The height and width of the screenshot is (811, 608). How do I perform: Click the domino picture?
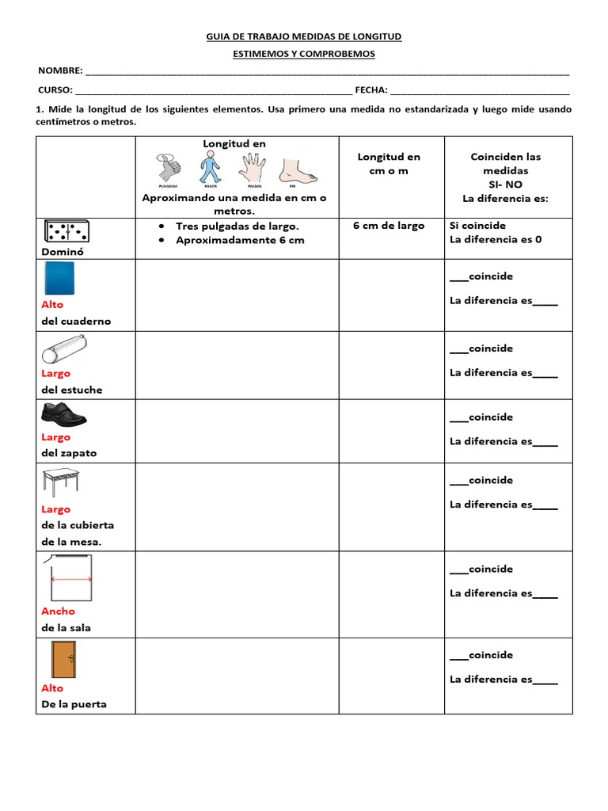click(66, 231)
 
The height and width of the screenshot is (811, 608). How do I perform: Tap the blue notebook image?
click(59, 279)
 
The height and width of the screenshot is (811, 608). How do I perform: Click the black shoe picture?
click(63, 413)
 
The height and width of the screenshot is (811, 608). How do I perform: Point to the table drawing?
click(60, 482)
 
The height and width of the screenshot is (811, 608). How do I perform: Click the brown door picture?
click(63, 659)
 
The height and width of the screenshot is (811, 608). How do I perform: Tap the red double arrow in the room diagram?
click(71, 579)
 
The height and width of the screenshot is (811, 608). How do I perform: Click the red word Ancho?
click(59, 611)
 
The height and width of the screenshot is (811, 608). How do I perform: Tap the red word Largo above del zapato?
click(56, 437)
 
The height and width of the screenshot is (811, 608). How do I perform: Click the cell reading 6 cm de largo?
click(389, 226)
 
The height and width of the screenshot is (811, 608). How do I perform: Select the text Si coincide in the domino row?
click(477, 226)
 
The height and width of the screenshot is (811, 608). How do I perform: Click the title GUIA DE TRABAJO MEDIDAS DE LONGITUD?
click(304, 36)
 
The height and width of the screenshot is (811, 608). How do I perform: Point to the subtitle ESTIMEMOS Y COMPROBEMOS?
click(304, 54)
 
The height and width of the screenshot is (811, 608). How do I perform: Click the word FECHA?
click(370, 90)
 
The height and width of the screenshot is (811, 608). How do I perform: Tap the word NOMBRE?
click(59, 71)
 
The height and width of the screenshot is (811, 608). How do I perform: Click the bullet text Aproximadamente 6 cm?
click(240, 240)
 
